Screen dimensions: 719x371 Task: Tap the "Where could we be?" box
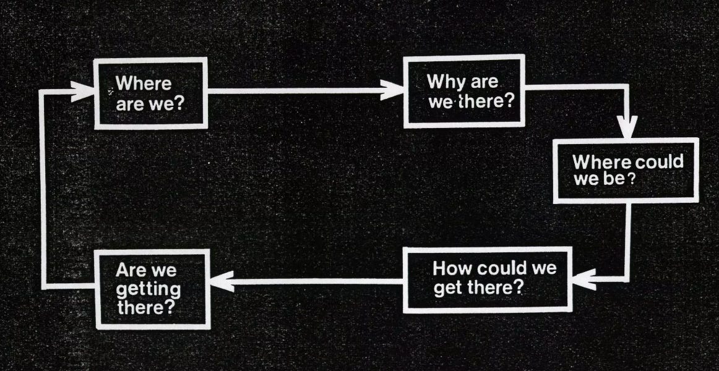tap(625, 171)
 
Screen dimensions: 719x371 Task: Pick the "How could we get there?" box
tap(486, 279)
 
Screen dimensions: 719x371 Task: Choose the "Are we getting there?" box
tap(152, 288)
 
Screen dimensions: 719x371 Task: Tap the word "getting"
tap(149, 289)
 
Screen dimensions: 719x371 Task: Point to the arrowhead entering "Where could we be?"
tap(628, 129)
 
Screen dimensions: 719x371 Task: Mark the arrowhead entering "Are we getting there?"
tap(219, 283)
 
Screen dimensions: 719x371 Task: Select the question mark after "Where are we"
tap(180, 102)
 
